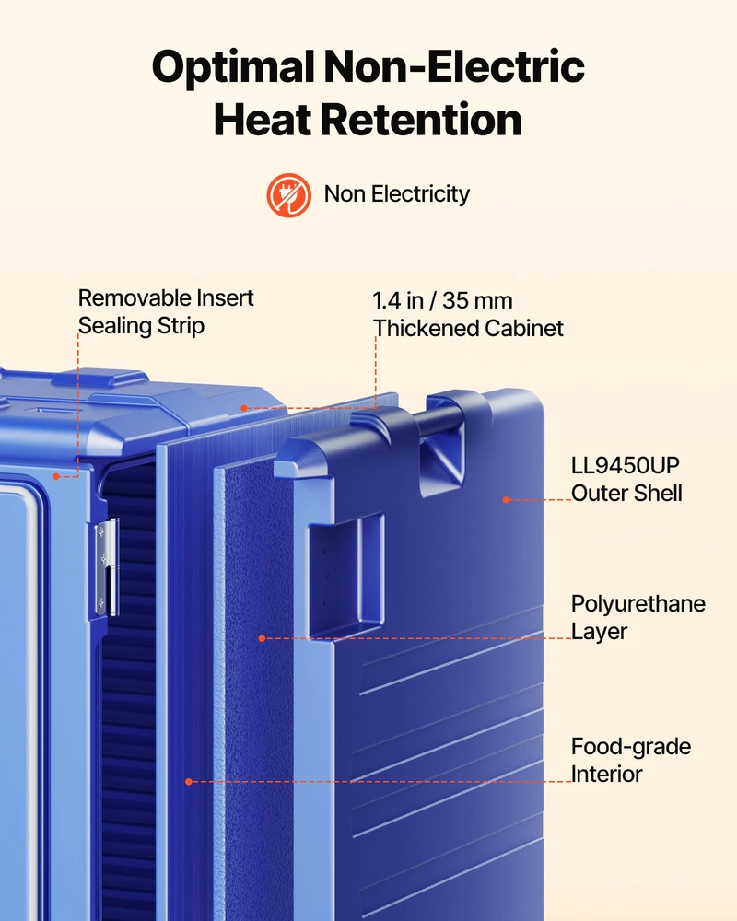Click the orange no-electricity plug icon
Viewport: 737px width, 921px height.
coord(288,194)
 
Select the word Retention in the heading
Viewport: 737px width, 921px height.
coord(420,119)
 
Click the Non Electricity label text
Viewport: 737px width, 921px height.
coord(397,193)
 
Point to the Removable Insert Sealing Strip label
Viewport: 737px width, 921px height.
coord(166,312)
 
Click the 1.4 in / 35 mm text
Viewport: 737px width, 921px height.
coord(442,301)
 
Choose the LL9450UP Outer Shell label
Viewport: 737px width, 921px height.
coord(626,479)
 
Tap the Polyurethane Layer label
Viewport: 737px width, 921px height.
coord(638,617)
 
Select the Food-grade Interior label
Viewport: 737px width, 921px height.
coord(631,760)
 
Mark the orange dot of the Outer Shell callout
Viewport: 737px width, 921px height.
coord(506,500)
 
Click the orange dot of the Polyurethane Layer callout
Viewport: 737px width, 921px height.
coord(263,638)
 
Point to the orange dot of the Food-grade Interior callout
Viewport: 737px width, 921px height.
coord(189,781)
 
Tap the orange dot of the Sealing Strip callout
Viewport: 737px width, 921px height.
coord(56,476)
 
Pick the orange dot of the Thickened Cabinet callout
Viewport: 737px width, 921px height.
coord(244,408)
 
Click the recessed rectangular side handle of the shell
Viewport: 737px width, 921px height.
coord(346,577)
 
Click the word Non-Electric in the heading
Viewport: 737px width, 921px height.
coord(454,67)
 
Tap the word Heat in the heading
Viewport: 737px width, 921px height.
coord(263,119)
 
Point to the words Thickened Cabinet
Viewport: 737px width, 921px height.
coord(468,329)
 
